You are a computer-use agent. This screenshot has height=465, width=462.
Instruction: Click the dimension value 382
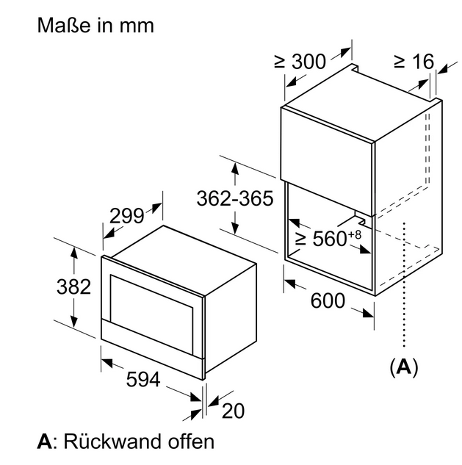pos(73,286)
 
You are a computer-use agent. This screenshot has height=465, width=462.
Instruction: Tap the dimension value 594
pos(143,379)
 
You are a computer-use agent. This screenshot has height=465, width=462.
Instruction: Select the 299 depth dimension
pos(126,215)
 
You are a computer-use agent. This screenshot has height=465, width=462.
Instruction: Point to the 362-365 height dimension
pos(235,198)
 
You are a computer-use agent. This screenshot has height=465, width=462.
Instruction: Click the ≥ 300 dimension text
pos(300,62)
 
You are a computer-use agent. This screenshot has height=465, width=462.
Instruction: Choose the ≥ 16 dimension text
pos(414,62)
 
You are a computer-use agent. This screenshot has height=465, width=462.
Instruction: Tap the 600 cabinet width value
pos(328,300)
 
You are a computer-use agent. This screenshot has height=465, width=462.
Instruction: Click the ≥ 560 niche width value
pos(321,239)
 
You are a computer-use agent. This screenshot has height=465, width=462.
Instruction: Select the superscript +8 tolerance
pos(355,234)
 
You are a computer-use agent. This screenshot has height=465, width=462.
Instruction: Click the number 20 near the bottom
pos(234,411)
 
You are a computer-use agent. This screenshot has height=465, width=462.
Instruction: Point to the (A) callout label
pos(404,367)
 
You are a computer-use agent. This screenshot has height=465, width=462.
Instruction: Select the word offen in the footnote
pos(191,441)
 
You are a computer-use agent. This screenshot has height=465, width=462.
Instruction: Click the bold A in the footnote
pos(45,441)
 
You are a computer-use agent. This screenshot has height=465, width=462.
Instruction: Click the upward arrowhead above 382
pos(74,253)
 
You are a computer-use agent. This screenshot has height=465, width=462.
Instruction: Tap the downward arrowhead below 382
pos(74,322)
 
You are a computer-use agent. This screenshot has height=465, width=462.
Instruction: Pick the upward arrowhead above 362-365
pos(235,168)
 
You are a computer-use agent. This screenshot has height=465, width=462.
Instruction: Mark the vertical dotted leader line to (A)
pos(404,284)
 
